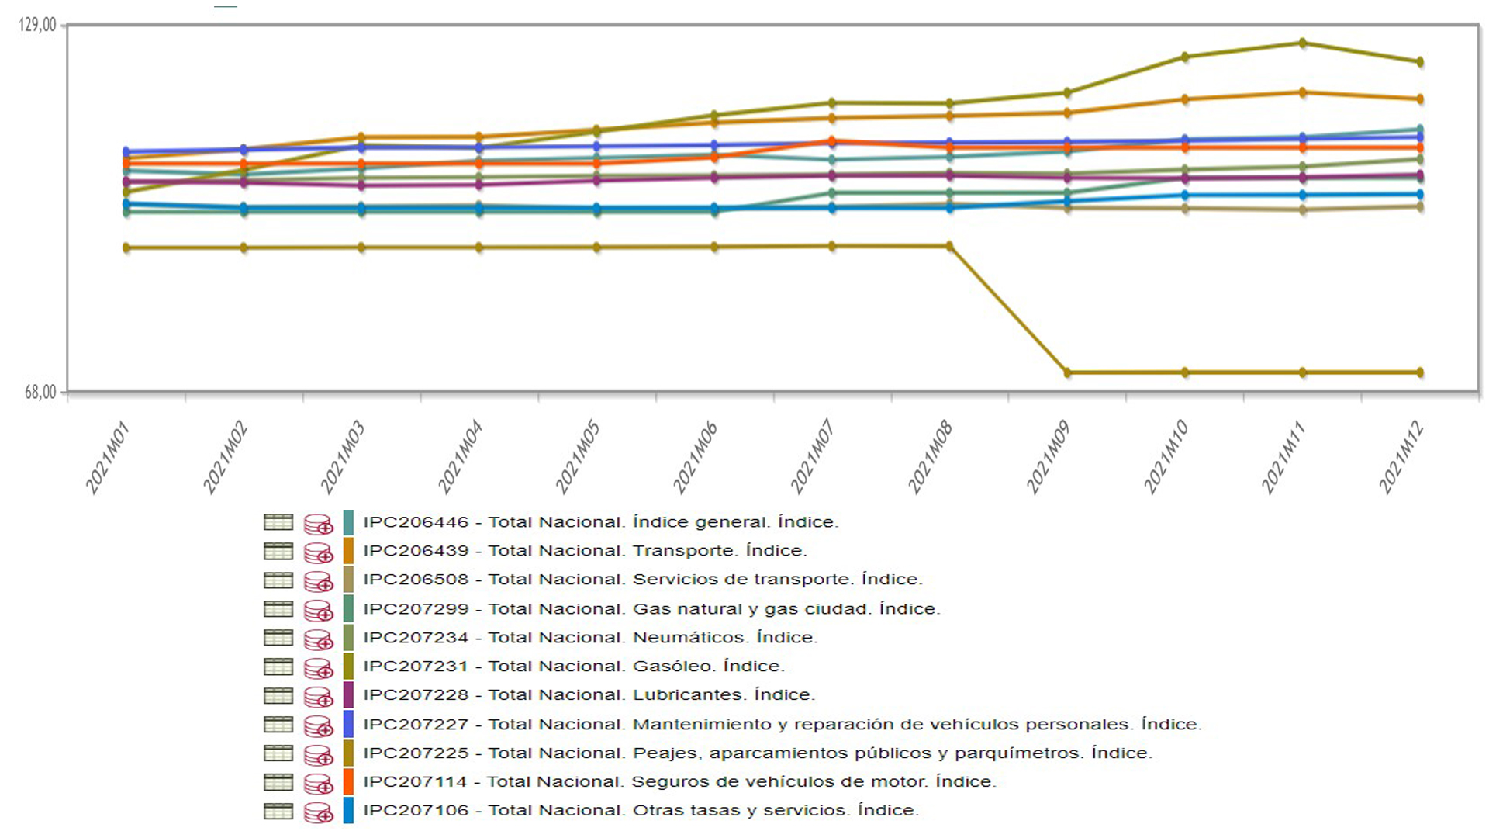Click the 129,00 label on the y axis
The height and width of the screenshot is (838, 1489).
37,26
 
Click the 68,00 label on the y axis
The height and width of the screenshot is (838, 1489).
40,393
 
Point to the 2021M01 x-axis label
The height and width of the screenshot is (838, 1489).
107,458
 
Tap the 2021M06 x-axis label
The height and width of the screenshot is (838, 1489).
695,458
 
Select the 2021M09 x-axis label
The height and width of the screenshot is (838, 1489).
1048,458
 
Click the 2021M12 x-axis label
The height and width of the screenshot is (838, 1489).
1401,458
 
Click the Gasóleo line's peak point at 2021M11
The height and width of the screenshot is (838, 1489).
1303,43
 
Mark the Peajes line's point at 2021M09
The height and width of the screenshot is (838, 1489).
1068,372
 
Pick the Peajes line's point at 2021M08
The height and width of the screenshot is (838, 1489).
949,246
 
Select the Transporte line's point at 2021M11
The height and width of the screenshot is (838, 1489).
1303,92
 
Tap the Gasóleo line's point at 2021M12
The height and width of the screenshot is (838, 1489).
1420,62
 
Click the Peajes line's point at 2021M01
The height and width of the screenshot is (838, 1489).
126,248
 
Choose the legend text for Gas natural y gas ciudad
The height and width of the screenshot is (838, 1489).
786,609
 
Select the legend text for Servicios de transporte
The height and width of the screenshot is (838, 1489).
777,580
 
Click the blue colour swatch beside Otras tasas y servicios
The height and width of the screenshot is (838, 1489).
348,811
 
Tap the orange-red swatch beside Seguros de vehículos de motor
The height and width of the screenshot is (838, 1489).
348,782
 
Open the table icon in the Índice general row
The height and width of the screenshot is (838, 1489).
278,522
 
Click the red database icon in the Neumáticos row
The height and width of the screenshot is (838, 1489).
318,639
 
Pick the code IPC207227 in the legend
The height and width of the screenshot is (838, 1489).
416,725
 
